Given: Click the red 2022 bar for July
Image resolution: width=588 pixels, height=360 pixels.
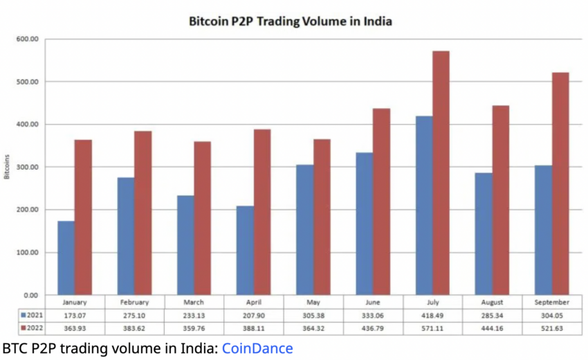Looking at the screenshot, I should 441,173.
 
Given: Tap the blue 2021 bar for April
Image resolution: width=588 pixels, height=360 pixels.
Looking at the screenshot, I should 245,250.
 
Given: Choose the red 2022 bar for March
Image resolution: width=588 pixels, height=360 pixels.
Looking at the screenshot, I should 203,218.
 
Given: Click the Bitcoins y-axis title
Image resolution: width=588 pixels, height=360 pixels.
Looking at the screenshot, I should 7,167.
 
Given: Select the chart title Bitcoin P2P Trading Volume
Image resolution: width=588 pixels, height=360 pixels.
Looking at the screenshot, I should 291,21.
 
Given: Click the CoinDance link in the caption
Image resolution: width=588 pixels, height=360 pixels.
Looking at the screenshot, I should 257,348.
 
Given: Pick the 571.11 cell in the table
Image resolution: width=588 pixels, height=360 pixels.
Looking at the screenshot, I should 433,327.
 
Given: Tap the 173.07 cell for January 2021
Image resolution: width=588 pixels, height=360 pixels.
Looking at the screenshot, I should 75,315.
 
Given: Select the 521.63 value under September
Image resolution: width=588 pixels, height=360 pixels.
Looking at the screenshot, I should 552,327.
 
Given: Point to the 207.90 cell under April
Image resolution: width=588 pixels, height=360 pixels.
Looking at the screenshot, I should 254,315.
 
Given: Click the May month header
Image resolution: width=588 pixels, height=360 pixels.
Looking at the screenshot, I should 313,303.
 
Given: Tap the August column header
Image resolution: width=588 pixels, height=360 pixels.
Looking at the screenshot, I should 493,303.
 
